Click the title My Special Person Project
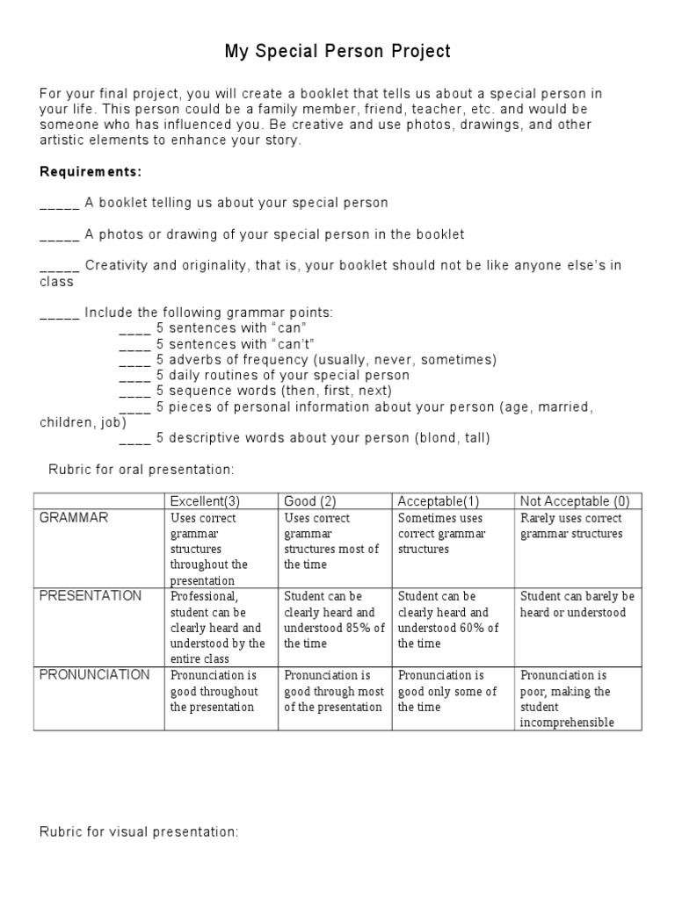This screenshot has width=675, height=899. tap(337, 52)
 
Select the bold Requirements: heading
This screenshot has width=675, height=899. tap(91, 171)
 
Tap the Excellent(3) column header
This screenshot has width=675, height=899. tap(205, 501)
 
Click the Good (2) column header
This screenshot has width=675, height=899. tap(309, 501)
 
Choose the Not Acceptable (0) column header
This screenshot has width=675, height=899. tap(575, 501)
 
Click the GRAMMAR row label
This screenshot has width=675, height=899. tap(74, 518)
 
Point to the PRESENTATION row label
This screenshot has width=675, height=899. tap(91, 596)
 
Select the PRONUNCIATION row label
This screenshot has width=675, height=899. tap(95, 675)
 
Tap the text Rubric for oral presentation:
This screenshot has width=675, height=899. tap(141, 471)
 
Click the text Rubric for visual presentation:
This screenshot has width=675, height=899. tap(139, 831)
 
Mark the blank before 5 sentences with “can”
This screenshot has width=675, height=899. tap(134, 328)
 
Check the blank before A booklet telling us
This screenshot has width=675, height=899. tap(60, 203)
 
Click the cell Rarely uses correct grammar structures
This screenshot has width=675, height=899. tap(577, 526)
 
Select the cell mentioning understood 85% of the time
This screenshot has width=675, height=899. tap(334, 620)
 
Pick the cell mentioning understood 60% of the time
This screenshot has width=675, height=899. tap(448, 620)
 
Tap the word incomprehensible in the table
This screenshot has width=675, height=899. tap(567, 723)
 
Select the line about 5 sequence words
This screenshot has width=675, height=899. tap(273, 391)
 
